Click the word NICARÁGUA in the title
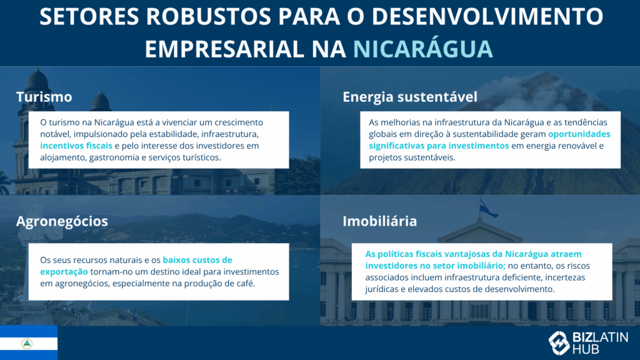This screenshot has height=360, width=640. pyautogui.click(x=422, y=48)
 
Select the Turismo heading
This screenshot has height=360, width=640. pyautogui.click(x=44, y=97)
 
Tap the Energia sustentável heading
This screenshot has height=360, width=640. pyautogui.click(x=409, y=97)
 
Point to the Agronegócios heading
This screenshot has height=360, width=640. pyautogui.click(x=62, y=221)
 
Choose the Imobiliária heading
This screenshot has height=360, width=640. pyautogui.click(x=379, y=221)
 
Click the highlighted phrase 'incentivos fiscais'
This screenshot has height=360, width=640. pyautogui.click(x=76, y=146)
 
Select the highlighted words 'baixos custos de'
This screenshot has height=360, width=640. pyautogui.click(x=197, y=259)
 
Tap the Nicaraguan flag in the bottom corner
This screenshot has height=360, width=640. pyautogui.click(x=28, y=342)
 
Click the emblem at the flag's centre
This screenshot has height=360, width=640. pyautogui.click(x=27, y=343)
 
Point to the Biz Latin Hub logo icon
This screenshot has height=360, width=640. pyautogui.click(x=559, y=342)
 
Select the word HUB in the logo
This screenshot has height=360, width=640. pyautogui.click(x=586, y=349)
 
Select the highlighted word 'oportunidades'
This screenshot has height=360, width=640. pyautogui.click(x=579, y=134)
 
